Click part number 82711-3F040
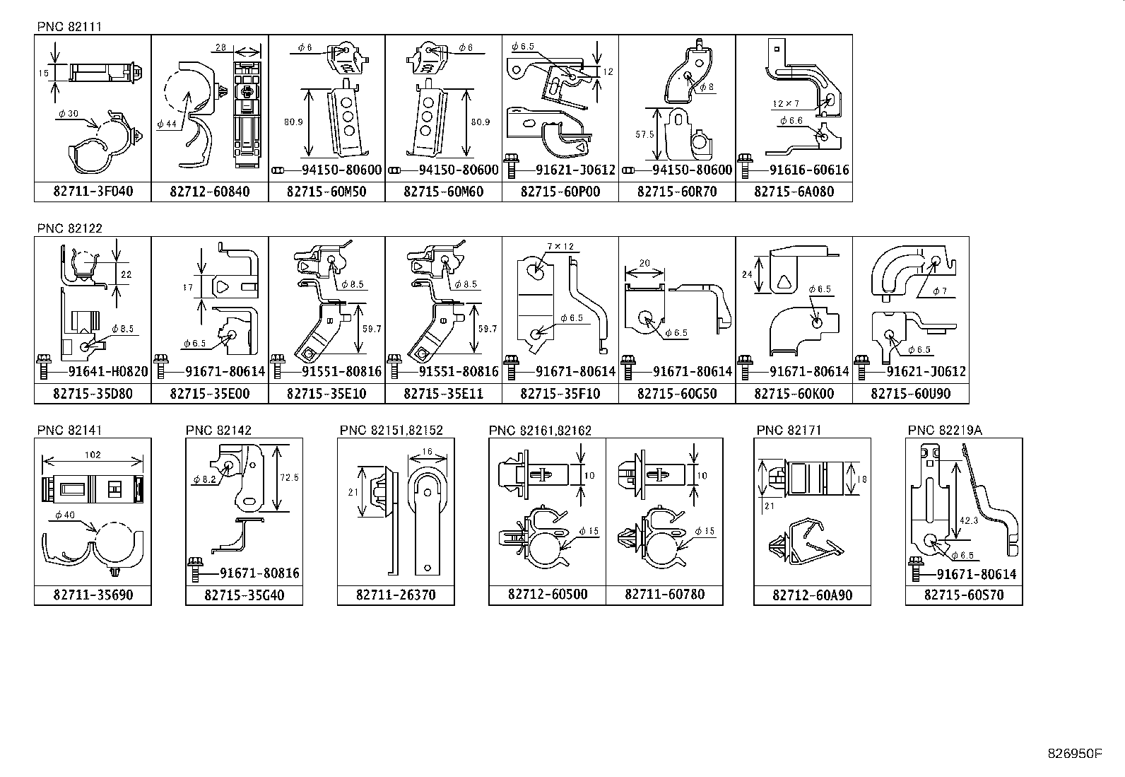tap(93, 192)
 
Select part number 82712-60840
tap(210, 192)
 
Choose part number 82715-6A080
tap(794, 192)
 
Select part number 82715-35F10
tap(560, 394)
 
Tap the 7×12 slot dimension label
tap(560, 247)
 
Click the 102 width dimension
tap(92, 455)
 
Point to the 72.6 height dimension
tap(290, 477)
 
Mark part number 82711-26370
tap(396, 595)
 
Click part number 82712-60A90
tap(812, 595)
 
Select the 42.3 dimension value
tap(968, 520)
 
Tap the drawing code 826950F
tap(1074, 753)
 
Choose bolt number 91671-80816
tap(259, 573)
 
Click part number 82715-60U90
tap(910, 394)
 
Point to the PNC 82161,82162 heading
tap(540, 430)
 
